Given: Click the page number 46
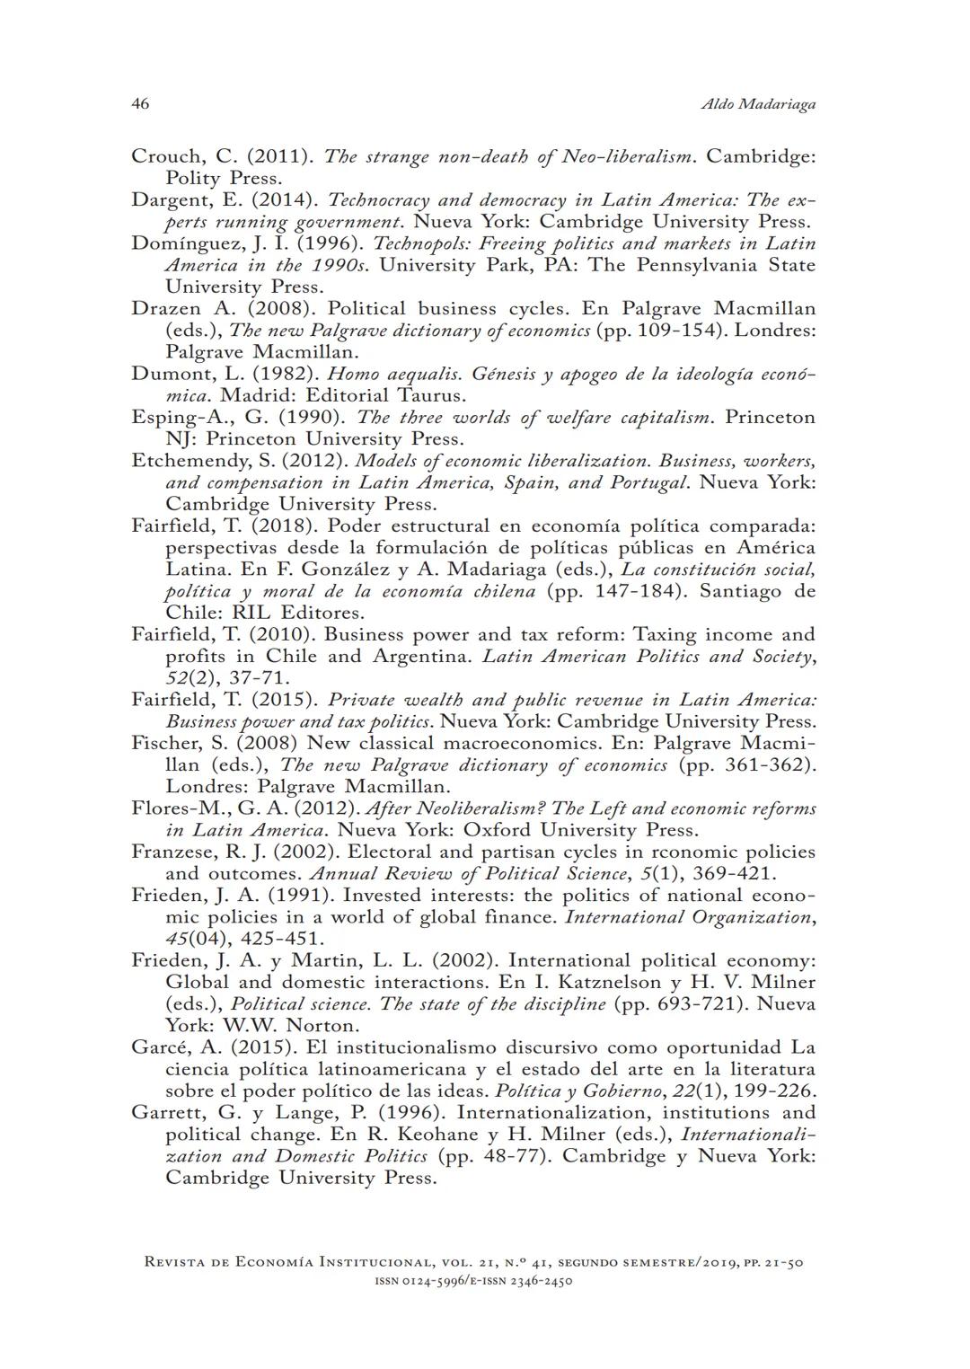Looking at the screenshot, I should (140, 104).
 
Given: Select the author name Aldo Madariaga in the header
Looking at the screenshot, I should (757, 105).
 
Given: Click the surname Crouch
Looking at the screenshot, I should (163, 156).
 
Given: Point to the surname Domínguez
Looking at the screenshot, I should (180, 243).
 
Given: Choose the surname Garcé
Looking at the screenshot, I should (158, 1047).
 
